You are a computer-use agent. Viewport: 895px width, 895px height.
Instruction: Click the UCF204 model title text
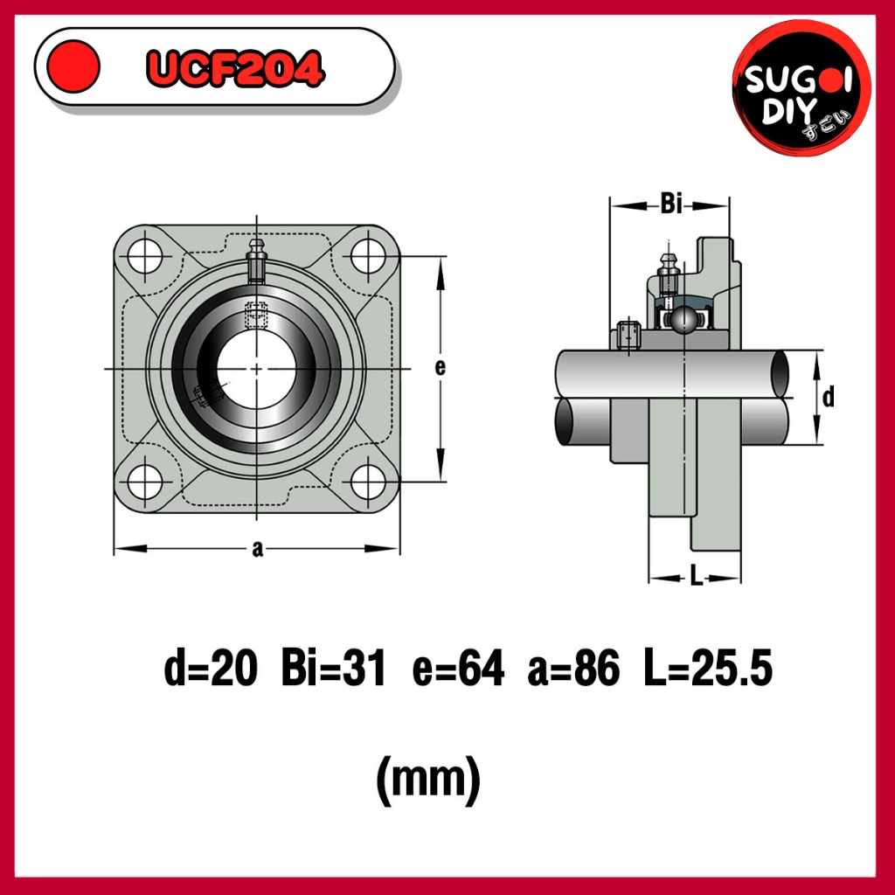point(236,68)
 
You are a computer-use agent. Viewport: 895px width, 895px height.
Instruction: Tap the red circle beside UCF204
point(73,66)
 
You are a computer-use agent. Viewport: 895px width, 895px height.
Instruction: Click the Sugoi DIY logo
point(801,87)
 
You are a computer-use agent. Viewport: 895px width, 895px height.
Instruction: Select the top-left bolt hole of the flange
point(145,256)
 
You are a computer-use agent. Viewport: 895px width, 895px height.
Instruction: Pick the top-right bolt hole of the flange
point(368,256)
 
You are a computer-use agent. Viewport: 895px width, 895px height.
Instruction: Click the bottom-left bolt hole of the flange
point(145,482)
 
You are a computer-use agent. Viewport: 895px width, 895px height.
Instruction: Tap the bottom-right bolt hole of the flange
point(368,482)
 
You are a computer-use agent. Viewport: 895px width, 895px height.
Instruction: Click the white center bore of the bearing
point(257,370)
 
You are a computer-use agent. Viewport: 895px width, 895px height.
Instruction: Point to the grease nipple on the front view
point(257,261)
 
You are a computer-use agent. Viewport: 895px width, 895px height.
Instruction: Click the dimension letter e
point(440,368)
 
